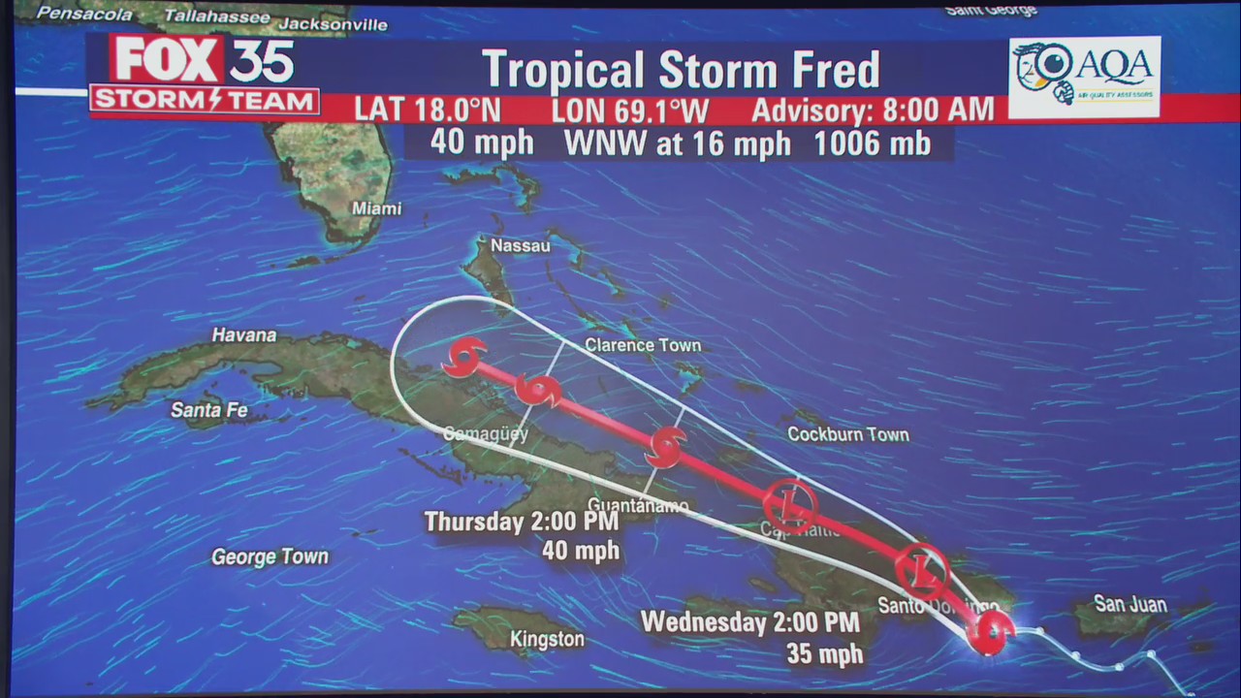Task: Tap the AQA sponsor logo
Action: point(1084,77)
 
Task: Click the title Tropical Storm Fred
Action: point(681,70)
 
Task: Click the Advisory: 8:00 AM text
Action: point(873,110)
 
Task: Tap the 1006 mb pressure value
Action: point(872,143)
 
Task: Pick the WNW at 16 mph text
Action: point(677,143)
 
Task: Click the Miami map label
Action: point(376,208)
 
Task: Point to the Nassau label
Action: point(520,245)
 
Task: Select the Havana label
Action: point(244,334)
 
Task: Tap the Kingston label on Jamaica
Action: point(547,639)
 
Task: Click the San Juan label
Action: point(1130,604)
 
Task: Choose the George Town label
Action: point(270,556)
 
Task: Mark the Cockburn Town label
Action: point(847,434)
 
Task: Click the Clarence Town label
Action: point(642,345)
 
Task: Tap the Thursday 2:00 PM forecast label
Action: point(521,522)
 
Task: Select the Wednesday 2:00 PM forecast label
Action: point(749,622)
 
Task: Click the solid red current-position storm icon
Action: point(991,632)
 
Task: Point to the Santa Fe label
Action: point(209,410)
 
